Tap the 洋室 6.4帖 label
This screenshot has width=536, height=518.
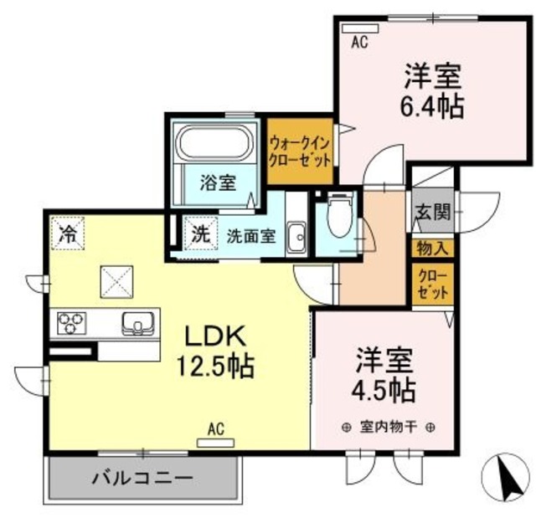click(x=433, y=91)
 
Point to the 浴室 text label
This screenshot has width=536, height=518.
click(x=217, y=182)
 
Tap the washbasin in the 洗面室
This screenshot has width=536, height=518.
click(x=296, y=235)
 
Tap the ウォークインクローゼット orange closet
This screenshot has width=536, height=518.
click(x=299, y=150)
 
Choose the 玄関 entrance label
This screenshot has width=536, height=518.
click(x=431, y=211)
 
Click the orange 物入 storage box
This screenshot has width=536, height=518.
click(x=432, y=248)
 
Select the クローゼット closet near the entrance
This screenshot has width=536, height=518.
click(x=432, y=283)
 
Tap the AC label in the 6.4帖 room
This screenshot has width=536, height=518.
click(x=360, y=38)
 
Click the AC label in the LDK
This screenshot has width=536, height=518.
click(x=216, y=431)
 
